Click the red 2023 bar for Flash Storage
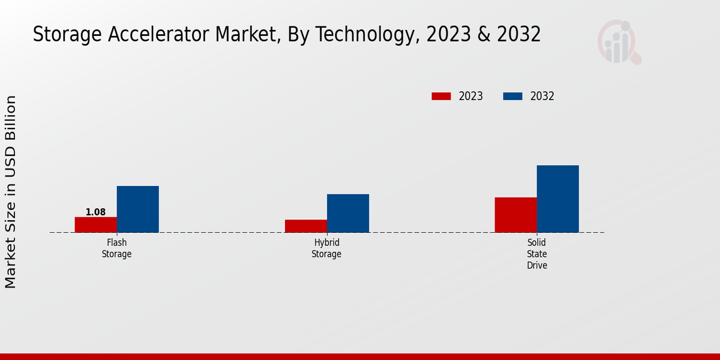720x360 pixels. [96, 224]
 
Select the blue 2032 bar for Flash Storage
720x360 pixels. [138, 209]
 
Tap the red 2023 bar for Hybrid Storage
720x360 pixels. [306, 226]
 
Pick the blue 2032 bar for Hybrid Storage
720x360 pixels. [348, 213]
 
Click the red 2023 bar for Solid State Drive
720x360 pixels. [516, 215]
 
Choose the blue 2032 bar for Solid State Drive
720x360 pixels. [558, 199]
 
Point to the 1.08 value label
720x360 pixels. [96, 212]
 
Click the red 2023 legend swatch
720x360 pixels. [441, 96]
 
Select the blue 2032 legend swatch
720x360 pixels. [512, 96]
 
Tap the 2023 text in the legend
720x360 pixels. [471, 96]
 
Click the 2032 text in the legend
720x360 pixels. [542, 96]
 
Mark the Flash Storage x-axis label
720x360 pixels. [116, 248]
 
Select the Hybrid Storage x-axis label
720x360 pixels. [326, 248]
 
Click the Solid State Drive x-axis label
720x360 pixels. [537, 254]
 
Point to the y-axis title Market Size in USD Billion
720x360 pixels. [11, 192]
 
